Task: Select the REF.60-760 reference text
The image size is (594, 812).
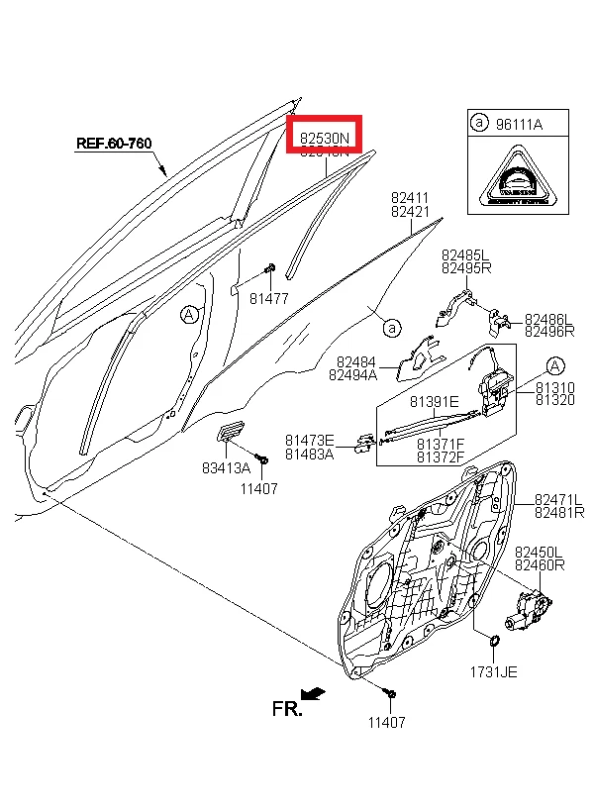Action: tap(114, 144)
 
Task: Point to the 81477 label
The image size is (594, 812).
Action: tap(268, 298)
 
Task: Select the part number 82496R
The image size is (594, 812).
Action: tap(548, 332)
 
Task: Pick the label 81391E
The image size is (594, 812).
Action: tap(434, 401)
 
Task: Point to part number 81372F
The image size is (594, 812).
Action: tap(441, 457)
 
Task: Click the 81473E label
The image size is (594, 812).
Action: tap(310, 440)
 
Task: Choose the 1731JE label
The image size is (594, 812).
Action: tap(493, 671)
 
